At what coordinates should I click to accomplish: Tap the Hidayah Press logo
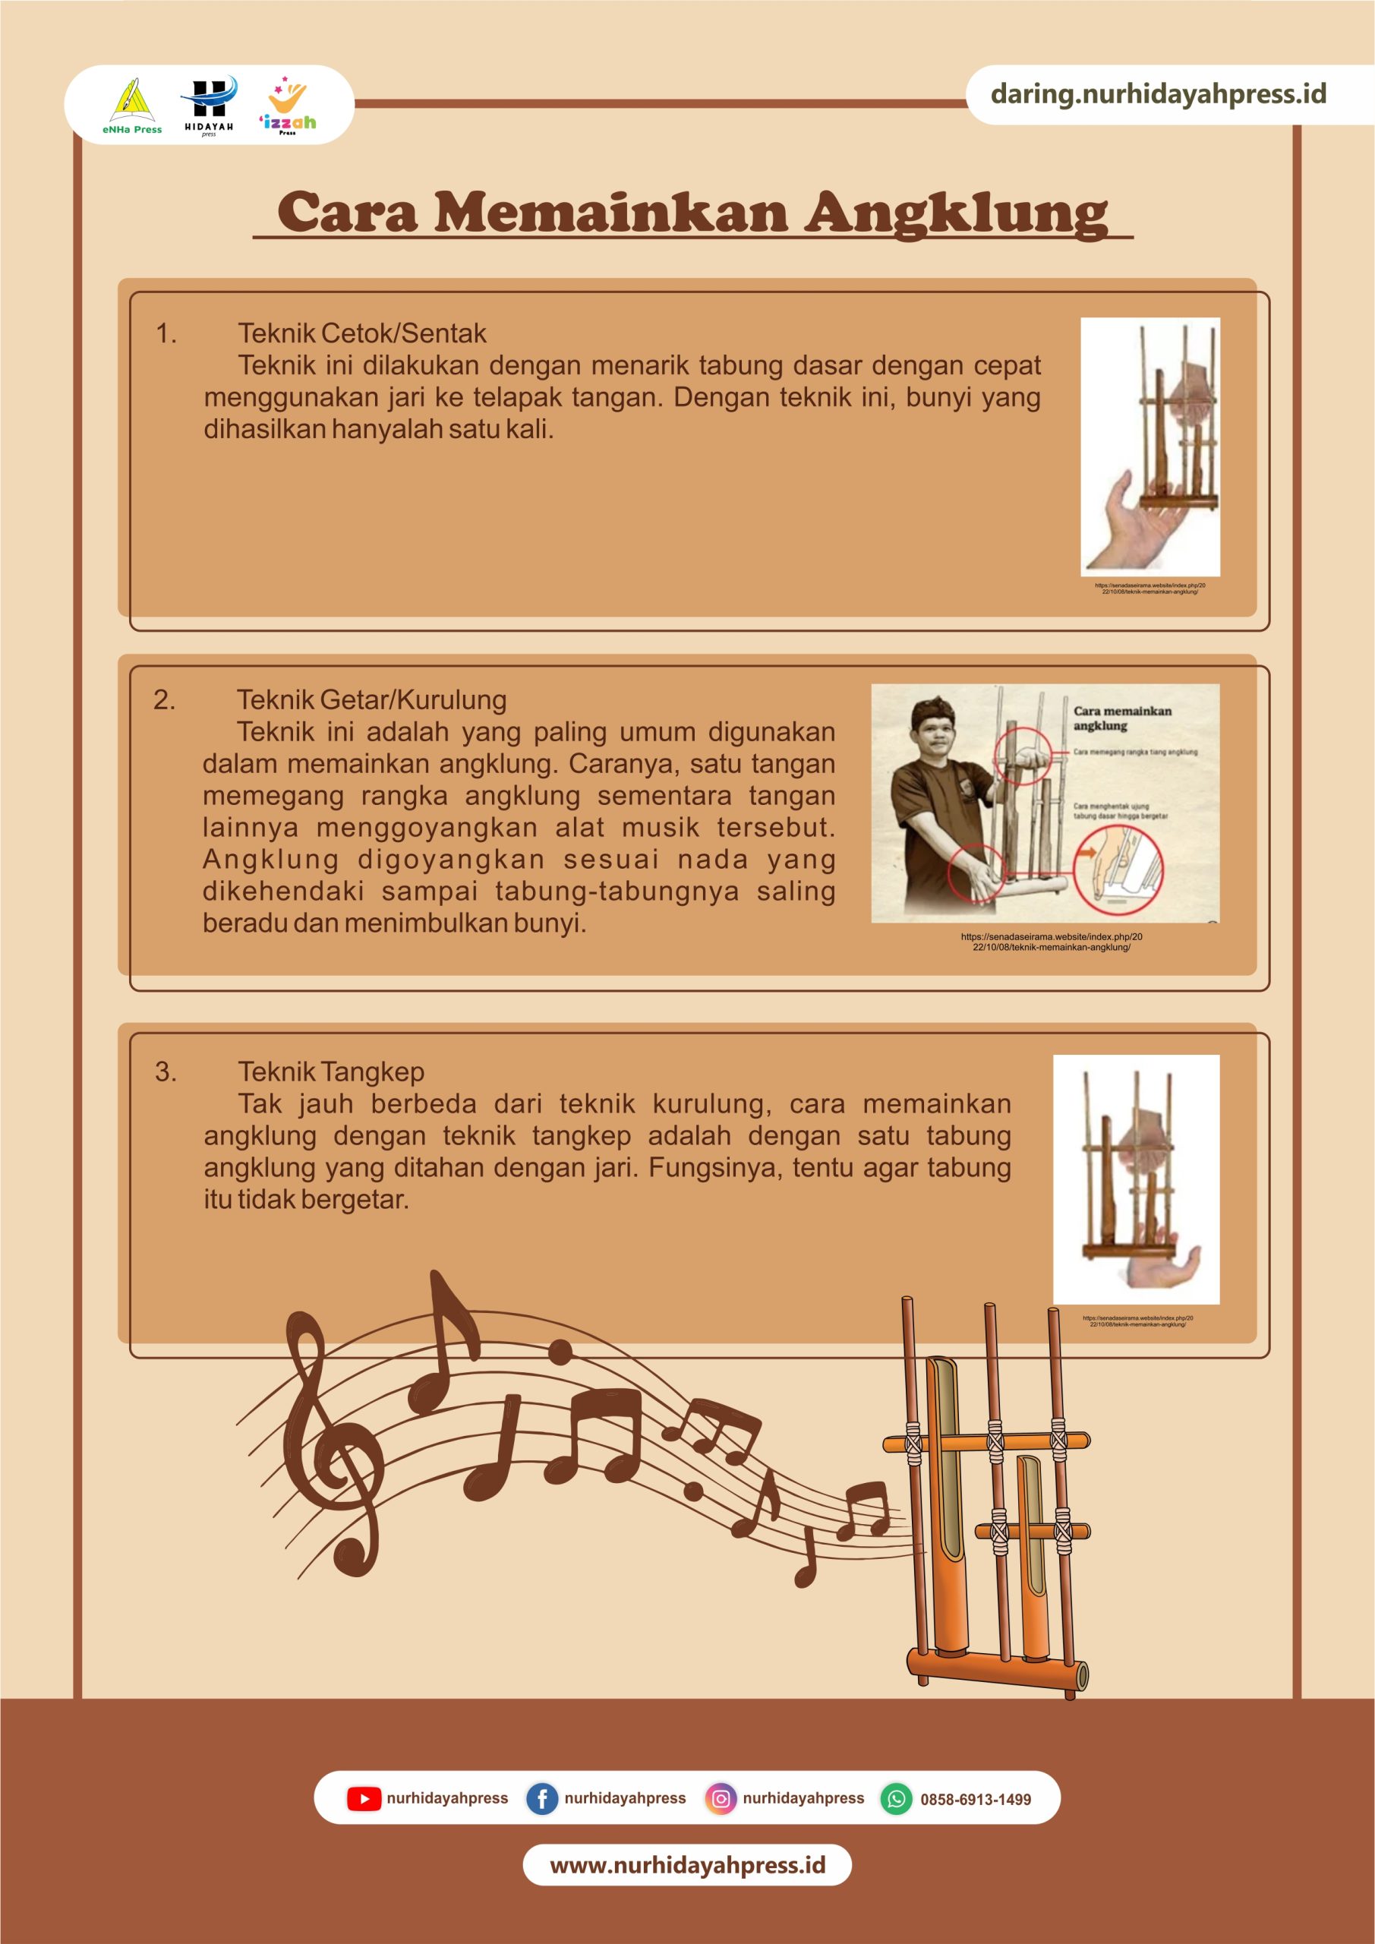[x=208, y=105]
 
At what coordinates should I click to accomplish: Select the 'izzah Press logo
[x=288, y=105]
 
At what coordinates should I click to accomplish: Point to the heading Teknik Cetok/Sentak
[x=361, y=333]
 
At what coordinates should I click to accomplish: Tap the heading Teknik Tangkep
[x=331, y=1072]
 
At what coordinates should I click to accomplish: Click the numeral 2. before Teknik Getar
[x=164, y=700]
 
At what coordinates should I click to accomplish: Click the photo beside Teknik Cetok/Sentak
[x=1150, y=447]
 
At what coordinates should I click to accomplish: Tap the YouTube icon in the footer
[x=363, y=1798]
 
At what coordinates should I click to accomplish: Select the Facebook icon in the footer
[x=541, y=1798]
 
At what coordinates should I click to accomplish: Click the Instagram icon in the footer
[x=720, y=1798]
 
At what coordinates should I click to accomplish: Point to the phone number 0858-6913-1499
[x=976, y=1799]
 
